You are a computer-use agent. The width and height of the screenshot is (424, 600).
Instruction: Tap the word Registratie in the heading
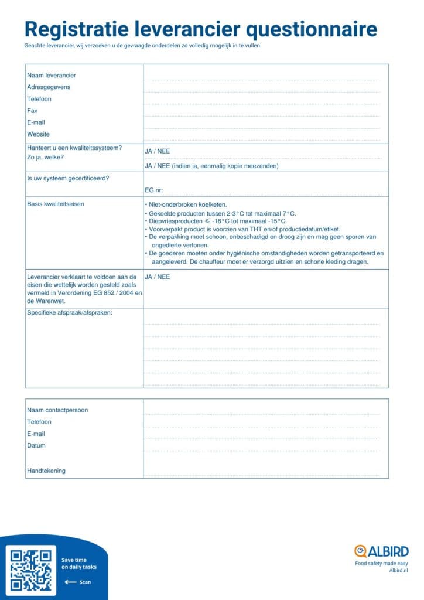tap(76, 29)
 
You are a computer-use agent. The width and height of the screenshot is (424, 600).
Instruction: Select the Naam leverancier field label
tap(52, 75)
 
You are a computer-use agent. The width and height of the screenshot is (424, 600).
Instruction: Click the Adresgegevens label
tap(49, 87)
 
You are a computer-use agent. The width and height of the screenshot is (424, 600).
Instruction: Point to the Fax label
tap(32, 111)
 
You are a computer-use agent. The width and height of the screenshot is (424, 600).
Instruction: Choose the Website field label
tap(39, 134)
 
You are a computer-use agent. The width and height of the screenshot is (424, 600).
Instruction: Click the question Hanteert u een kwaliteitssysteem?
tap(74, 148)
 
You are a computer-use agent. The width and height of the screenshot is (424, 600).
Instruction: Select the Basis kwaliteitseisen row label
tap(56, 204)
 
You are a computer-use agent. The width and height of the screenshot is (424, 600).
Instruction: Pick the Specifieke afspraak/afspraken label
tap(69, 312)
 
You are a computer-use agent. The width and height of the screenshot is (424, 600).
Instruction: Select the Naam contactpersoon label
tap(57, 410)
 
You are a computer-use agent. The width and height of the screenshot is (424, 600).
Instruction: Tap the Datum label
tap(36, 445)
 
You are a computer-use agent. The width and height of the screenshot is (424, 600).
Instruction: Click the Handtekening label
tap(46, 471)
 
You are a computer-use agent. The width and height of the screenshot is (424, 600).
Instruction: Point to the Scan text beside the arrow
tap(85, 582)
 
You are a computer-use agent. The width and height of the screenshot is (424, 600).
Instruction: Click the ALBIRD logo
tap(381, 551)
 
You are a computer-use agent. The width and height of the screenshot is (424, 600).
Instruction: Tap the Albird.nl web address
tap(398, 570)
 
